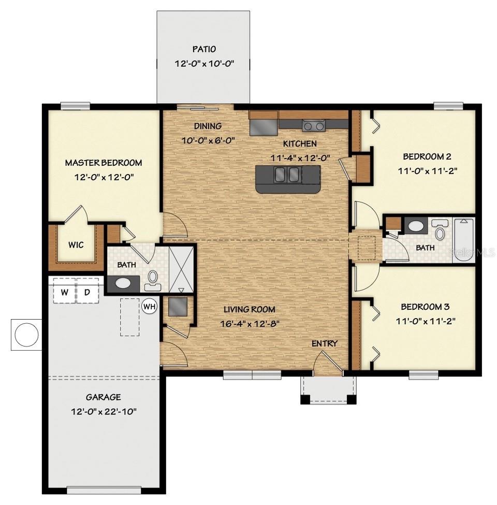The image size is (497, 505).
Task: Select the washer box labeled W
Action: coord(64,292)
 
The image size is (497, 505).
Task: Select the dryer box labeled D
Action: coord(87,292)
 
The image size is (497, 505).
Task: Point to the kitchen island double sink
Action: coord(287,175)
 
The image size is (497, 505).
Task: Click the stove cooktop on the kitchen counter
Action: coord(313,125)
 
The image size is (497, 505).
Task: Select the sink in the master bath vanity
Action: coord(123,283)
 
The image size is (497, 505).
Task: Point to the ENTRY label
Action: coord(324,343)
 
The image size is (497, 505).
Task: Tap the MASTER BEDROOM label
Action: coord(103,163)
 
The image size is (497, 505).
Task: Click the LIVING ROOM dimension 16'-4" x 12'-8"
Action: coord(249,324)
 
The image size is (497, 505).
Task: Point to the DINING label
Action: coord(208,126)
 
